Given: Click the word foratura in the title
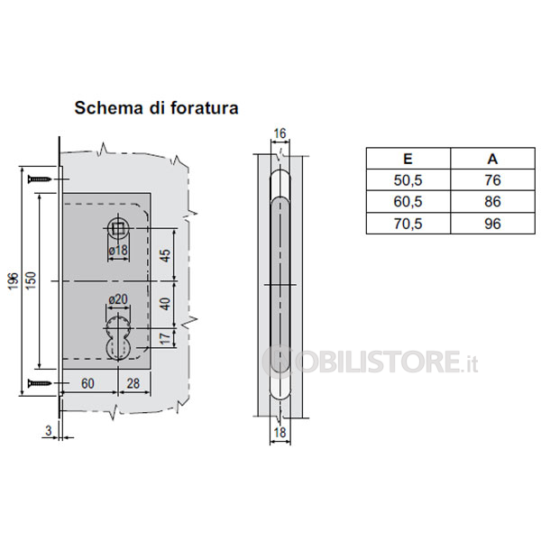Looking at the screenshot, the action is tap(205, 107).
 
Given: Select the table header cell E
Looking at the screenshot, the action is tap(408, 159).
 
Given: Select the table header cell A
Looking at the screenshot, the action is tap(492, 159).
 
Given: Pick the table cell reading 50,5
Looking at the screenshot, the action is tap(408, 180).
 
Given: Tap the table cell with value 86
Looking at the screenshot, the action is tap(492, 201).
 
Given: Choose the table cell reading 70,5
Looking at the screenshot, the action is tap(408, 224).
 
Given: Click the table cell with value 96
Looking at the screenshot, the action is tap(492, 224).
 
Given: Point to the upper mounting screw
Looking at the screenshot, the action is tap(40, 179).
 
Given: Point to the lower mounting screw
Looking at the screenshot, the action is tap(40, 382).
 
